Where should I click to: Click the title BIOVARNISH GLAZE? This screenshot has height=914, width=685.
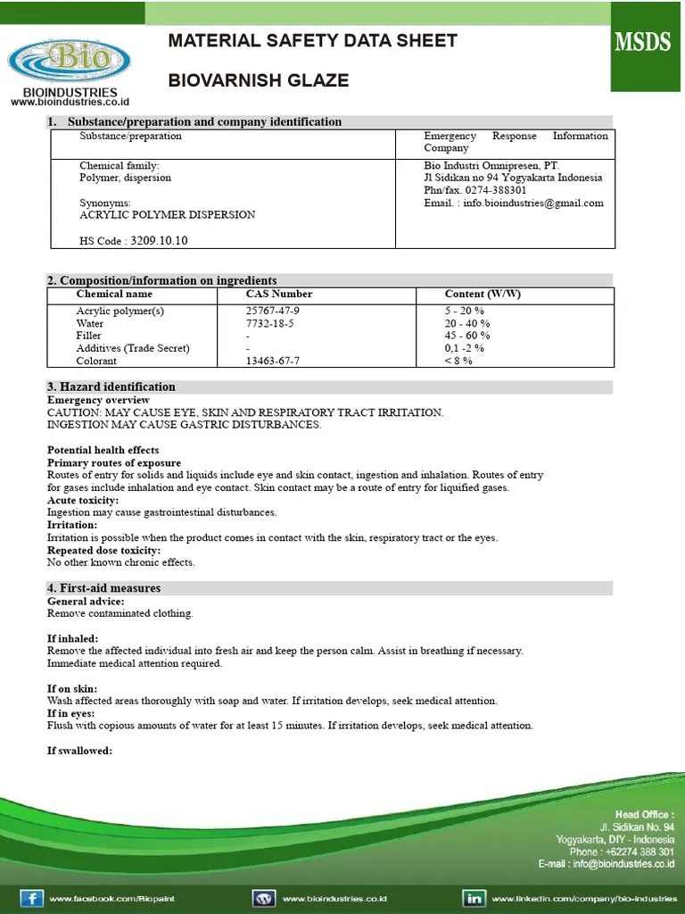pos(259,81)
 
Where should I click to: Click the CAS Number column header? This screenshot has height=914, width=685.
pos(279,294)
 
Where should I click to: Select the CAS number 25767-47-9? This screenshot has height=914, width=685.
pos(273,311)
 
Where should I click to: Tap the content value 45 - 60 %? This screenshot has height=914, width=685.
pos(467,336)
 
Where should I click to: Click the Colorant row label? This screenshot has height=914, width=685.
pos(96,361)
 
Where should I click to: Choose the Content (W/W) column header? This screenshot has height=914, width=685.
pos(483,294)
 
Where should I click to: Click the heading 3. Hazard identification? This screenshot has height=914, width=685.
pos(111,386)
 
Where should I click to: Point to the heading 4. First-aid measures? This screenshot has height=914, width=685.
pos(103,588)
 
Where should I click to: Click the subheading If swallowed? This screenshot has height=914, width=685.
pos(79,751)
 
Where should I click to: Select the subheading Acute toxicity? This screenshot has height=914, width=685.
pos(83,500)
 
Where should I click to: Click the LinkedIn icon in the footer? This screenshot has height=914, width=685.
pos(473,898)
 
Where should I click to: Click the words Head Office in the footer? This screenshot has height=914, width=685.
pos(644,814)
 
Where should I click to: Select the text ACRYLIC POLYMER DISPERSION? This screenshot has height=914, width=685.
pos(167,215)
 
